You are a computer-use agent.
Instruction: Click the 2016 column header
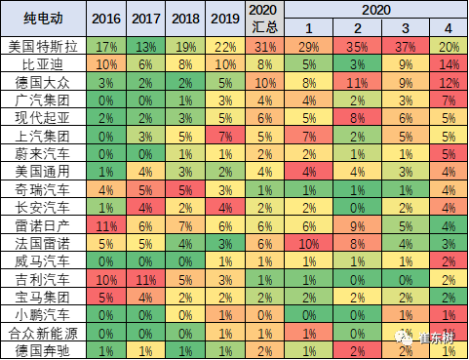[106, 19]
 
